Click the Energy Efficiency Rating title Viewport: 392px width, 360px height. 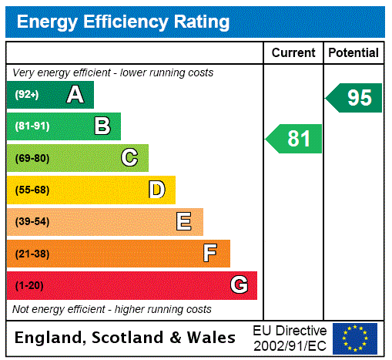point(123,22)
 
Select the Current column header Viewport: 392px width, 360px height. point(293,53)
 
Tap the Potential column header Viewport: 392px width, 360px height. point(353,53)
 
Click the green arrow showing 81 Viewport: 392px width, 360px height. point(295,139)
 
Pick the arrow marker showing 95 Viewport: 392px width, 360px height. point(355,98)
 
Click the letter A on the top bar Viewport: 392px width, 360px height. point(75,95)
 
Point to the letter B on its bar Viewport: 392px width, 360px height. point(102,126)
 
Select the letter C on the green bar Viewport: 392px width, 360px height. point(129,158)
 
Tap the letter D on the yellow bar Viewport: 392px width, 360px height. point(156,190)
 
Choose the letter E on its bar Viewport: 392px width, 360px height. point(184,222)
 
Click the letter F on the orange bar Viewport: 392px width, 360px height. point(210,254)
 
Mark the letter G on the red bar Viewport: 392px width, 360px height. point(239,285)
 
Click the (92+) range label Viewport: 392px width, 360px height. point(27,95)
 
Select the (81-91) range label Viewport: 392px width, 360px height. point(32,126)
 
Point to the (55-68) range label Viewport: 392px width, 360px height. point(32,190)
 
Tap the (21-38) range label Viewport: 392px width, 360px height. point(32,254)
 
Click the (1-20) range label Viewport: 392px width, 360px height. point(29,286)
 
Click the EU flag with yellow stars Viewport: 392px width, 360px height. point(355,338)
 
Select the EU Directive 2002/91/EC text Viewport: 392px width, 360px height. point(290,338)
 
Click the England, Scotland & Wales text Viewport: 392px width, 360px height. point(125,338)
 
